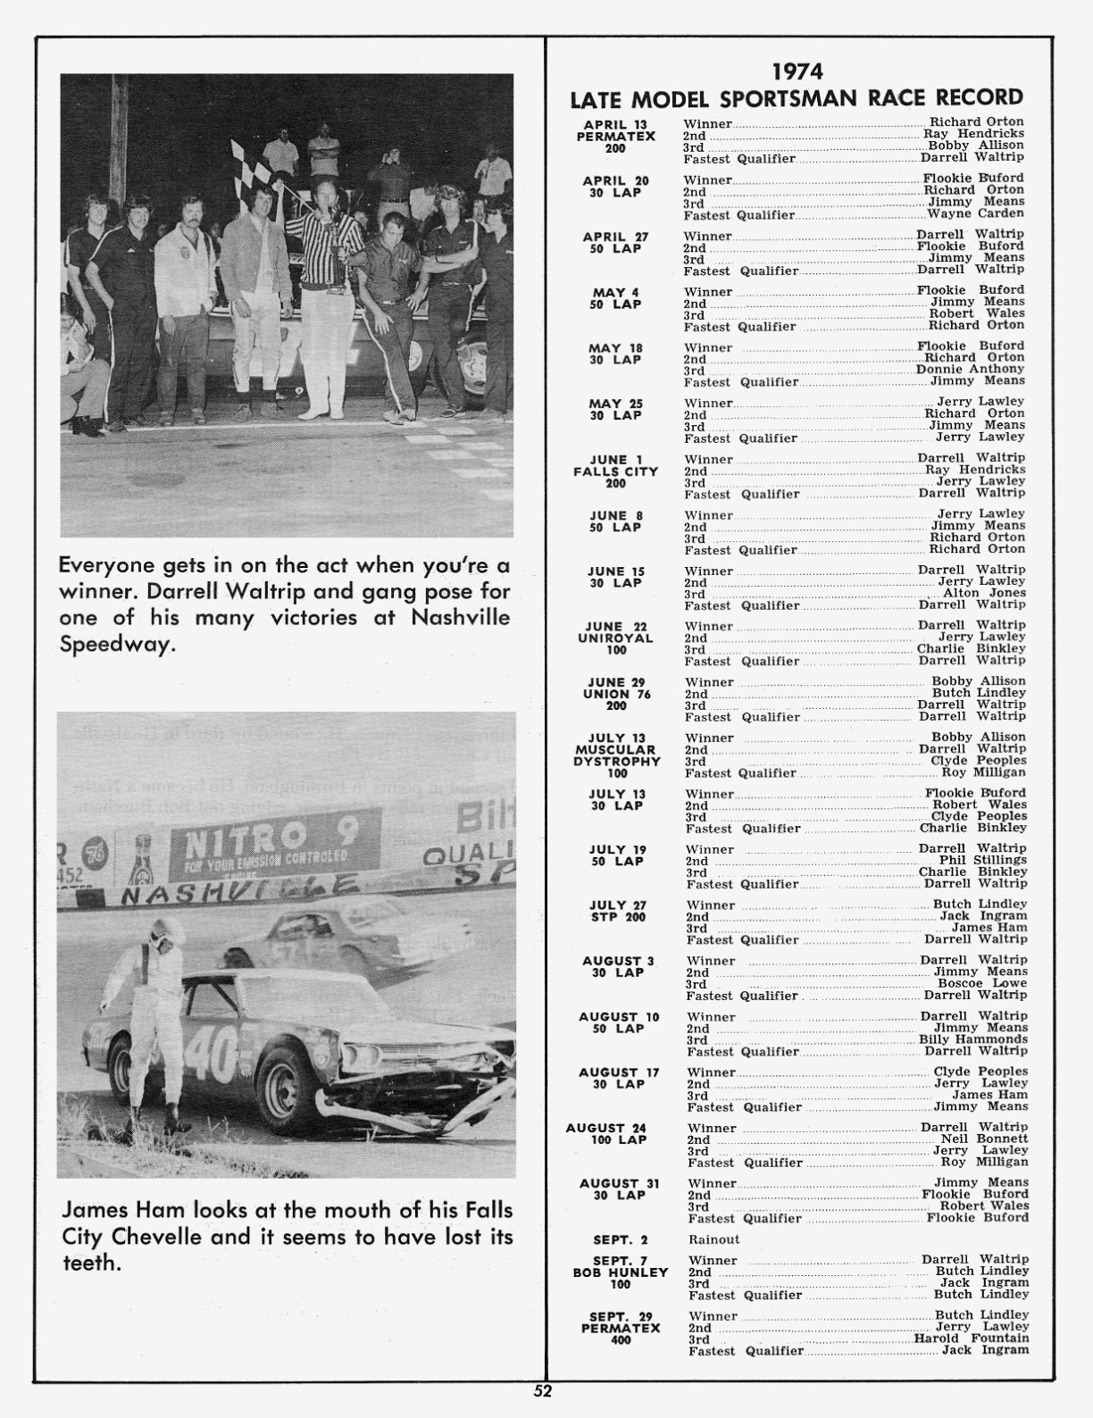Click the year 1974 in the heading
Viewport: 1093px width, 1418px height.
click(x=797, y=71)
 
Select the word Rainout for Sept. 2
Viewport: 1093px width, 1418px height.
click(x=713, y=1239)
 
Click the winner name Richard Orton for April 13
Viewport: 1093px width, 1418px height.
click(x=977, y=121)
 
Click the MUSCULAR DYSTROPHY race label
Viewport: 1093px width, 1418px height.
click(x=617, y=755)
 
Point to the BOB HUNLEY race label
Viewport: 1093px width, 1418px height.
click(x=620, y=1272)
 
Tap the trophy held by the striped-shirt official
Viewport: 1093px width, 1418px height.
click(x=332, y=237)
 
